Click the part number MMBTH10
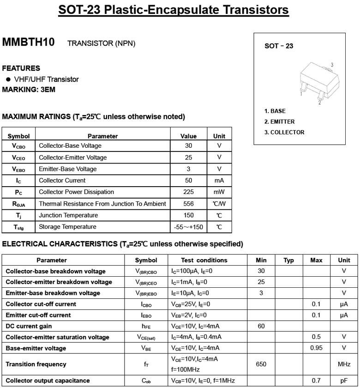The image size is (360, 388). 29,42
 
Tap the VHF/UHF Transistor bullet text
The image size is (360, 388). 46,79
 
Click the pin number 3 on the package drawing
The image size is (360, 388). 332,65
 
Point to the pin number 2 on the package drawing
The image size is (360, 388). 319,103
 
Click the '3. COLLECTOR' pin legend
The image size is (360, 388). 284,133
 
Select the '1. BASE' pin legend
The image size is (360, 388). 275,111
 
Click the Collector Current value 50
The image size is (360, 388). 188,180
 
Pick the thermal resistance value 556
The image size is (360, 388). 188,204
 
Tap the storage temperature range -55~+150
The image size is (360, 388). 188,227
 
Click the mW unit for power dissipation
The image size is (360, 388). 219,192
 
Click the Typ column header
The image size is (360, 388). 288,260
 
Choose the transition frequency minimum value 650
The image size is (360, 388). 261,364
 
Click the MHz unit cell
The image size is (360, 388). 344,364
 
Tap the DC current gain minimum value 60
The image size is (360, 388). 261,326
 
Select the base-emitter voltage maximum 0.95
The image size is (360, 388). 316,348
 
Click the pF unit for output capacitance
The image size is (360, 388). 344,381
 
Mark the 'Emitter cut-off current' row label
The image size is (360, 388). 38,315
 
